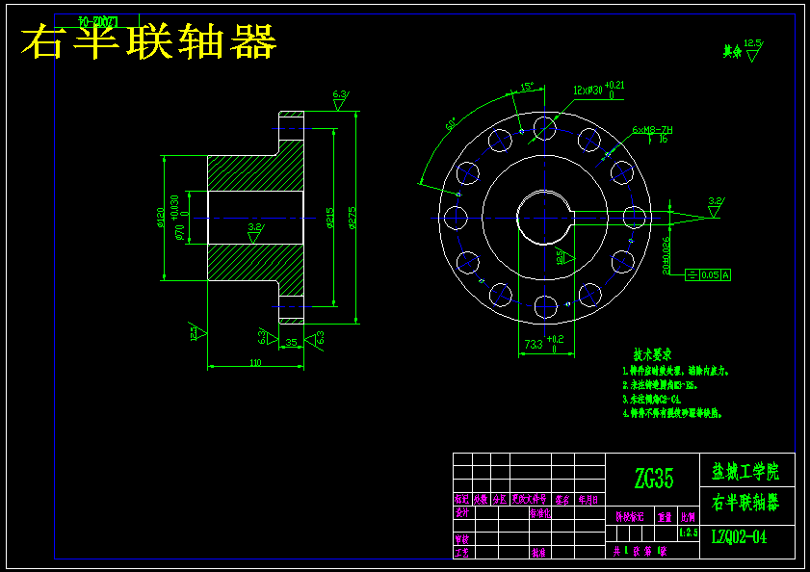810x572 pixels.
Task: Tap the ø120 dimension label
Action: (x=161, y=219)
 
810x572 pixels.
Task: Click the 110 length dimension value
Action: (x=255, y=362)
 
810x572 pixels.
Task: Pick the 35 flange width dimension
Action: (x=291, y=342)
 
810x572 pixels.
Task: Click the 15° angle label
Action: (x=527, y=87)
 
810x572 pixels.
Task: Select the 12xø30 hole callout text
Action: (x=591, y=91)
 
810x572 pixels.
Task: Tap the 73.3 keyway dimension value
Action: (x=533, y=343)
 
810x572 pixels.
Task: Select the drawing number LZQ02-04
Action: (x=740, y=537)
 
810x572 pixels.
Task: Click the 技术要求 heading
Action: (x=652, y=354)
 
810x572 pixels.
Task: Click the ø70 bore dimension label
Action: (x=179, y=232)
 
